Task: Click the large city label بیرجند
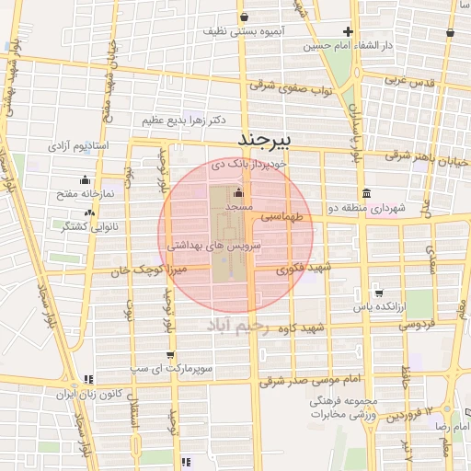(264, 139)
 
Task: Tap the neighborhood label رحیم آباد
(236, 327)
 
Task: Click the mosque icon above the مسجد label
(238, 193)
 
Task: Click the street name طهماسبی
(282, 217)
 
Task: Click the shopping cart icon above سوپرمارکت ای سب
(171, 354)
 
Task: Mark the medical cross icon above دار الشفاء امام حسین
(347, 31)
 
